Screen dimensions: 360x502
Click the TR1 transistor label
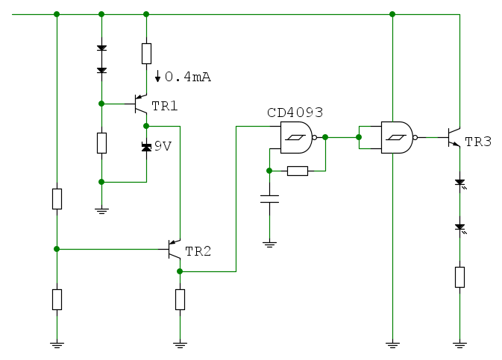coord(165,107)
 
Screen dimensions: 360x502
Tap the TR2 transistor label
coord(198,251)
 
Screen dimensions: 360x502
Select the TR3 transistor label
coord(478,142)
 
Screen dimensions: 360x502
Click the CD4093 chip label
coord(295,113)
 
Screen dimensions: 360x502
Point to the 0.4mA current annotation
coord(187,77)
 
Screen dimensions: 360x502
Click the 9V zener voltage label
coord(163,146)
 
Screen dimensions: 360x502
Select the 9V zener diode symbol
coord(146,147)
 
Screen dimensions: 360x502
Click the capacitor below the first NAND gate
coord(269,198)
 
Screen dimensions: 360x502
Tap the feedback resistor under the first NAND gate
coord(297,171)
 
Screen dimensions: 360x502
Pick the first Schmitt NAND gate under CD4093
coord(296,137)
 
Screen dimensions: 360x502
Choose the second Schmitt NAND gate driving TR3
coord(397,137)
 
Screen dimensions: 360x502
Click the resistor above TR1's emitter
coord(146,54)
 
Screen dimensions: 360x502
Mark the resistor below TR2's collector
coord(180,299)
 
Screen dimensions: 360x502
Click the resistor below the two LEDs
coord(459,277)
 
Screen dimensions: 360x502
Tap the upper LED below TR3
coord(459,182)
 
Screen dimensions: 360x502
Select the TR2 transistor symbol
coord(174,250)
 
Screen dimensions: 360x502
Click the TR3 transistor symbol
coord(453,136)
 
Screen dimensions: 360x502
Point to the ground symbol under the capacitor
coord(269,243)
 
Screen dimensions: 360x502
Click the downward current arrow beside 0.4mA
coord(157,76)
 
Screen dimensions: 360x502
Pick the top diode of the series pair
coord(101,48)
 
